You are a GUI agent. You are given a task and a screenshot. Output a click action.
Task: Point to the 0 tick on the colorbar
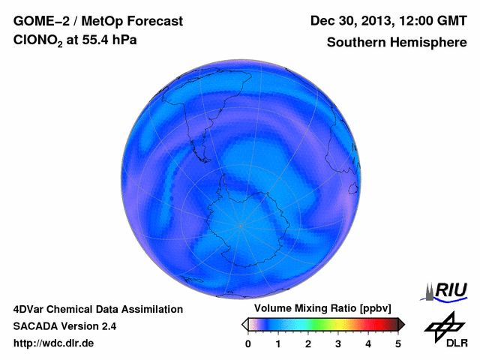(248, 343)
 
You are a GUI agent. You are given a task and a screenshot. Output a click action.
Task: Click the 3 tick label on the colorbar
(338, 343)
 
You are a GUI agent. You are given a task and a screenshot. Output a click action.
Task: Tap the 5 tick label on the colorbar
(398, 343)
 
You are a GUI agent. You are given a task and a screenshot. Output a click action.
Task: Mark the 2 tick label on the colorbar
(308, 343)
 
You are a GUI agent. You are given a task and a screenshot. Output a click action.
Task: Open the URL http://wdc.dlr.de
(54, 343)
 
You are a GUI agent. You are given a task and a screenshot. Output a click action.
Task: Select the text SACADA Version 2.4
(64, 326)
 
